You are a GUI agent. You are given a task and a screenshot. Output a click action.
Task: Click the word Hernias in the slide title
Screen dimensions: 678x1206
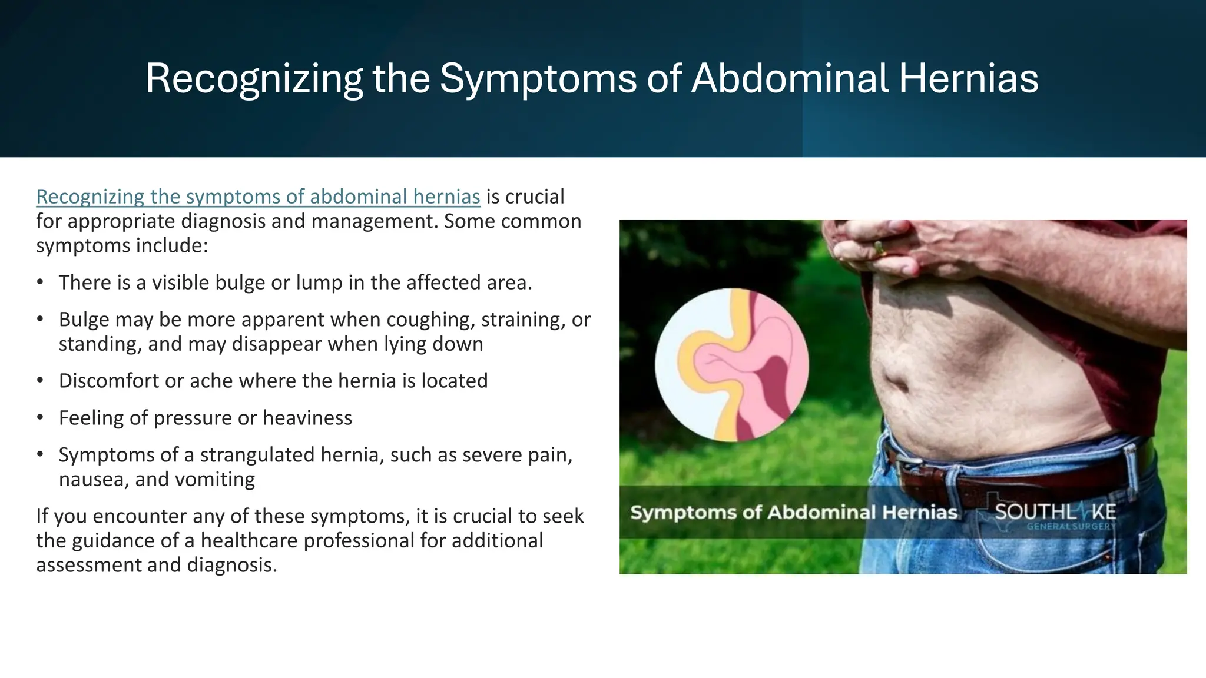pyautogui.click(x=968, y=78)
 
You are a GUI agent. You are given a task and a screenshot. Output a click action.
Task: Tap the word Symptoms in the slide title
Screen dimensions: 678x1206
pyautogui.click(x=538, y=78)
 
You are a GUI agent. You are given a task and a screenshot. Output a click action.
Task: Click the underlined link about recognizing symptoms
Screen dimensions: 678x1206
pyautogui.click(x=258, y=197)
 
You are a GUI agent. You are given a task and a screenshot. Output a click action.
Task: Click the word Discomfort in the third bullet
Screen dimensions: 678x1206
pyautogui.click(x=108, y=381)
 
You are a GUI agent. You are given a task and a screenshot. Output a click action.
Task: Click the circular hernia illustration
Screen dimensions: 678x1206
pyautogui.click(x=731, y=365)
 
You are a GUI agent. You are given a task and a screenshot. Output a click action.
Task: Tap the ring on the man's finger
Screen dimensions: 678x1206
pyautogui.click(x=879, y=248)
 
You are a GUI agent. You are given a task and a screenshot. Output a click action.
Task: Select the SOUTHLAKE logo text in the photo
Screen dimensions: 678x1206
pyautogui.click(x=1055, y=511)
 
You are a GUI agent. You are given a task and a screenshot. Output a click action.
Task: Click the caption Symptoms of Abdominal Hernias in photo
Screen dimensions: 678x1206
pyautogui.click(x=793, y=512)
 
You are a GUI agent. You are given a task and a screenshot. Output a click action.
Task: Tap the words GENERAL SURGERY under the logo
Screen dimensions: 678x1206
pyautogui.click(x=1071, y=526)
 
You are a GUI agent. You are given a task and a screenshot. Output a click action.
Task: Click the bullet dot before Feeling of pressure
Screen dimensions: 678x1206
pyautogui.click(x=40, y=418)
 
